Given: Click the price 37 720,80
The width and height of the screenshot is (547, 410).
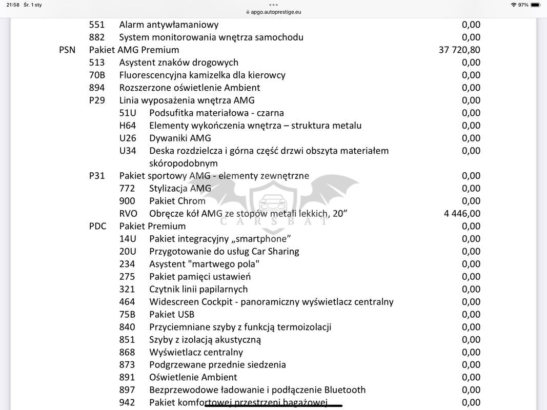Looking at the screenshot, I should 459,50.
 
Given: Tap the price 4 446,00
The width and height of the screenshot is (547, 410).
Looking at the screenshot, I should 462,214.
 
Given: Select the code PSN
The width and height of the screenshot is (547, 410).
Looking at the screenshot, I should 67,50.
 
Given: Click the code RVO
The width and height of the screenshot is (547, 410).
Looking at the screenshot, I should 128,214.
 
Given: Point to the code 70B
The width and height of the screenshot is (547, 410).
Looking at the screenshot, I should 97,75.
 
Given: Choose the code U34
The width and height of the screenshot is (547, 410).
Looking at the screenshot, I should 128,151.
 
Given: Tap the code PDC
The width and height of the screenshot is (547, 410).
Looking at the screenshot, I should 97,226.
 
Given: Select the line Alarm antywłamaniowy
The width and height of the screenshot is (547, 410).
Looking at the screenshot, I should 169,25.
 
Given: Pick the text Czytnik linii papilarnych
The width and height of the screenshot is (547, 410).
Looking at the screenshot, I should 198,289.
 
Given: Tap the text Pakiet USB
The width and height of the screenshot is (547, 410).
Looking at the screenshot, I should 172,314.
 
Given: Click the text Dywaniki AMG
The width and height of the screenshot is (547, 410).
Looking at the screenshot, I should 180,138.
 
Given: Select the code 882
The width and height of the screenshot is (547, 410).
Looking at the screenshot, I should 97,37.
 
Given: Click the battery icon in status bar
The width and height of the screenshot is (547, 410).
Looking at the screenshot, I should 536,5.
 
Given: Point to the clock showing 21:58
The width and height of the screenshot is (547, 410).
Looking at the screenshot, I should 13,5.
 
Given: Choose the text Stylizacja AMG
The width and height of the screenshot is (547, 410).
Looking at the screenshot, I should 180,188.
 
